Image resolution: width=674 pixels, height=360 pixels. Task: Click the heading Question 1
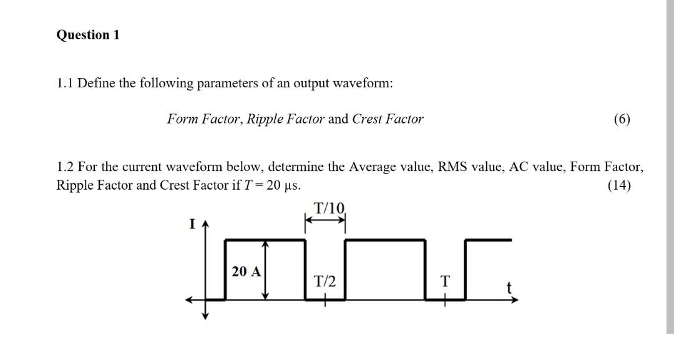(x=87, y=36)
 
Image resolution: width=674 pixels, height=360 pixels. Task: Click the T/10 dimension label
(x=329, y=208)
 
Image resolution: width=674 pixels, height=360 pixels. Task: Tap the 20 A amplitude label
(x=247, y=271)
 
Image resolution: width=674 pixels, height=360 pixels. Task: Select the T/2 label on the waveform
(x=325, y=281)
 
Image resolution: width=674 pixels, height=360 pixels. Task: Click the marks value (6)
(x=622, y=119)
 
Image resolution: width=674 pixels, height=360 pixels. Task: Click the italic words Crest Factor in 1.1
(x=388, y=119)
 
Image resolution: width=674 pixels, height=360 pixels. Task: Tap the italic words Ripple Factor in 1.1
(x=286, y=119)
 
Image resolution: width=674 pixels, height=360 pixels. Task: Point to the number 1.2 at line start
(x=66, y=167)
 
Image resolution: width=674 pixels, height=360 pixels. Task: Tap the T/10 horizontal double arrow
(x=325, y=220)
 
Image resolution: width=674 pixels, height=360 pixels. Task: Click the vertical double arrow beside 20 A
(x=266, y=271)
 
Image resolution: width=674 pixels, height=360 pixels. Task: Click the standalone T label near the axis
(x=444, y=281)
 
